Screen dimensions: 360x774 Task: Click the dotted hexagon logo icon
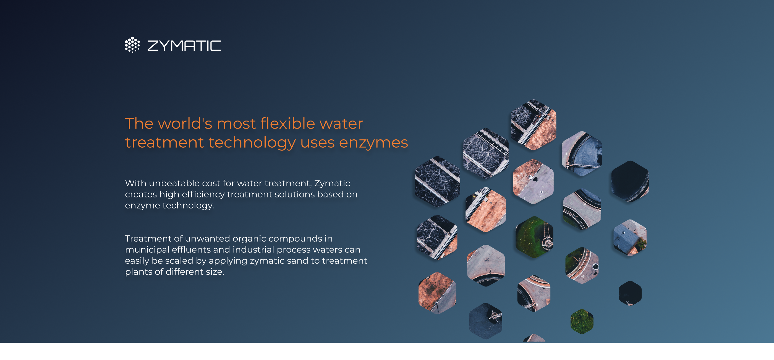132,45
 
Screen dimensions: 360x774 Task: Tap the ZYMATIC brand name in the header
184,46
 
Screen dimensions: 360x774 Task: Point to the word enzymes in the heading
373,142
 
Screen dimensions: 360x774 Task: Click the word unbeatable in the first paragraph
174,183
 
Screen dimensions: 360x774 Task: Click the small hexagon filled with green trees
582,322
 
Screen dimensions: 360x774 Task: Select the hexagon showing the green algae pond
534,237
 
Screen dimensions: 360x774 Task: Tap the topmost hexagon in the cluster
533,125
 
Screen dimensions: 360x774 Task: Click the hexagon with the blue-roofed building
630,238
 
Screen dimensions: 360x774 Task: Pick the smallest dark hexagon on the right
630,293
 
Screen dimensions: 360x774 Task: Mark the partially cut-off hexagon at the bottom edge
534,338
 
